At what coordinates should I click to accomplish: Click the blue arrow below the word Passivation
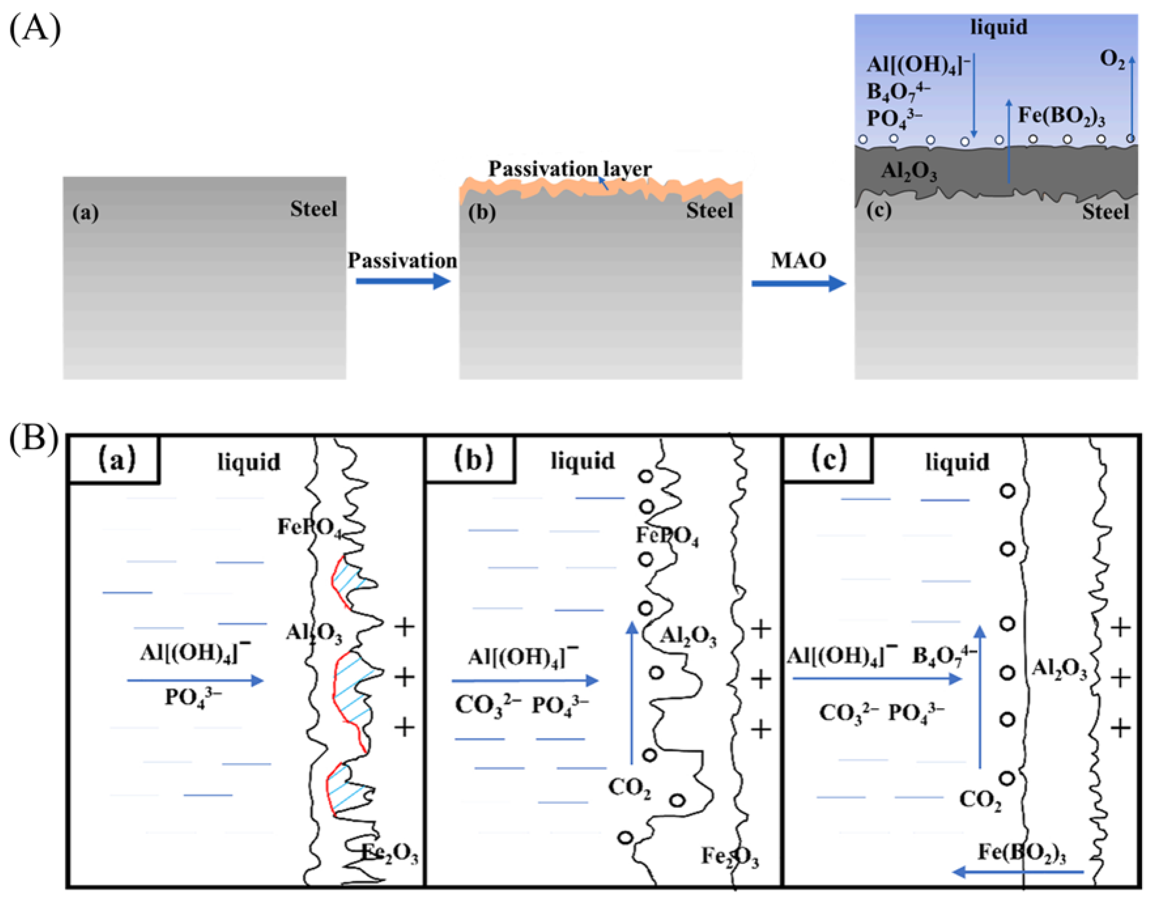coord(403,281)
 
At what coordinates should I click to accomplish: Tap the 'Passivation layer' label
coord(570,169)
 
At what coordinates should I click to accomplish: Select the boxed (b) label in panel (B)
coord(473,459)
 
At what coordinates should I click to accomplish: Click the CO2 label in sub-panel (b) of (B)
coord(629,788)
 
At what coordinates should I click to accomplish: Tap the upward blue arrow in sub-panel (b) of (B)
coord(631,691)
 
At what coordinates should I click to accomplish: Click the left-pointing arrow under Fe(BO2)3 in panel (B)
coord(1018,872)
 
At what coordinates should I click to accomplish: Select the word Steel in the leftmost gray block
coord(313,209)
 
